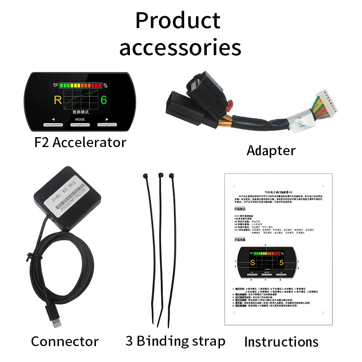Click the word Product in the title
coord(178,21)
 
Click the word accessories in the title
coord(180,47)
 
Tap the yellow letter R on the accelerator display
coord(58,100)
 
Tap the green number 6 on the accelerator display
coord(104,100)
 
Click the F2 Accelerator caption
coord(80,143)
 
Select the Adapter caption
coord(271,150)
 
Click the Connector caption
coord(65,341)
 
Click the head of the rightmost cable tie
coord(171,175)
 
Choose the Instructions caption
coord(281,342)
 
